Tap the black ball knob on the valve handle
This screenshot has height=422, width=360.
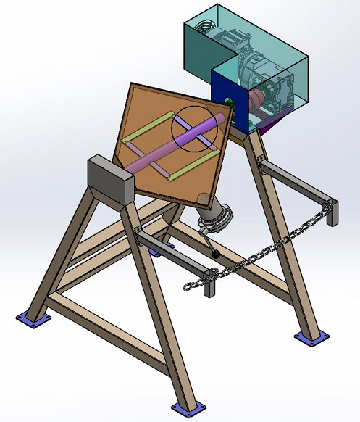pos(217,255)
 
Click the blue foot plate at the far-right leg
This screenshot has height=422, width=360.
pos(307,337)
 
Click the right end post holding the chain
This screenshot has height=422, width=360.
pos(332,213)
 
